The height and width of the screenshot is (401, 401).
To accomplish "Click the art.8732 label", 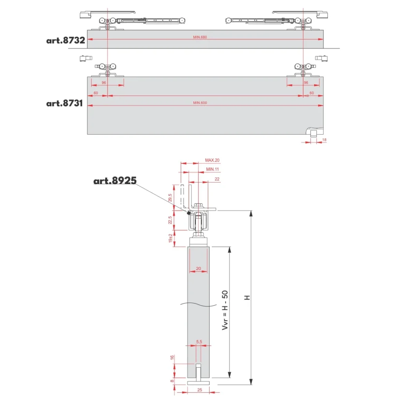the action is (x=65, y=40).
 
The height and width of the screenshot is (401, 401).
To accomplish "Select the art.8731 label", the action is (x=65, y=103).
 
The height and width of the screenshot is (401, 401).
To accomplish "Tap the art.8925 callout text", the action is (x=115, y=181).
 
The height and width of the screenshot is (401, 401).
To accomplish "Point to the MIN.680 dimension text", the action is (x=200, y=37).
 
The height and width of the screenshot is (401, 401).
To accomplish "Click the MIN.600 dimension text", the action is (x=200, y=103).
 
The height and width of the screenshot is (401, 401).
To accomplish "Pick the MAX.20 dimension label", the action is (x=212, y=160).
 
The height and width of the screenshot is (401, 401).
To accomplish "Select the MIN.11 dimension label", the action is (x=213, y=169).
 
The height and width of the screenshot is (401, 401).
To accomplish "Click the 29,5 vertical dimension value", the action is (x=170, y=198).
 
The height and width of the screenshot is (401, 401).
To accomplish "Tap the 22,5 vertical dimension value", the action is (x=170, y=220).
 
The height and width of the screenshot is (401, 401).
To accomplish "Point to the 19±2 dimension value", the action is (x=170, y=238).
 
